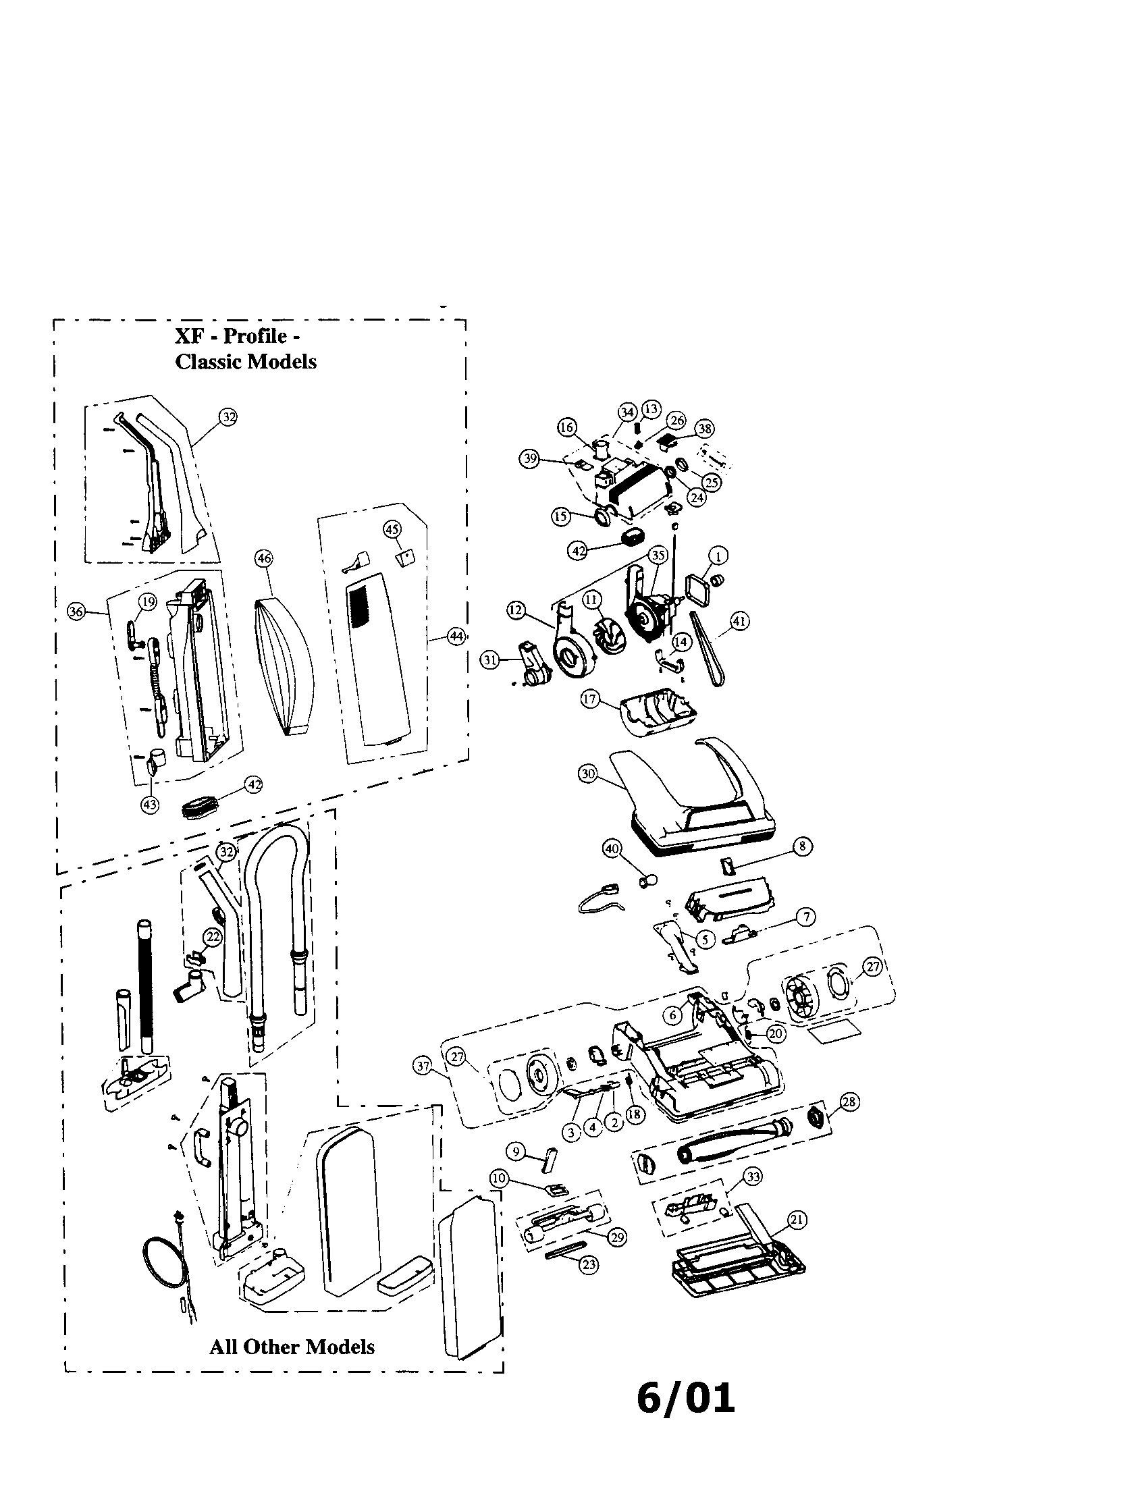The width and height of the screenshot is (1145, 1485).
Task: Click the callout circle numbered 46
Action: coord(263,559)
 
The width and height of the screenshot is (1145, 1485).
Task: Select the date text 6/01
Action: coord(685,1399)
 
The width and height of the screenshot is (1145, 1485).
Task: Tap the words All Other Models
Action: coord(292,1347)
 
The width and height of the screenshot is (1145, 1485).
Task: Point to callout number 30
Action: coord(588,774)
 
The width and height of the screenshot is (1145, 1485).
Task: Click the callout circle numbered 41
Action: coord(739,621)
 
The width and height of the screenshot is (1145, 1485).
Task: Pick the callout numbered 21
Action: coord(797,1220)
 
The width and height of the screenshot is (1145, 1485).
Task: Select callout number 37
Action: coord(423,1066)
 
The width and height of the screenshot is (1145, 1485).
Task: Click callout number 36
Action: coord(76,612)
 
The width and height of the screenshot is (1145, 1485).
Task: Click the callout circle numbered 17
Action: coord(589,699)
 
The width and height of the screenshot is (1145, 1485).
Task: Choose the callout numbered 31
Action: coord(490,659)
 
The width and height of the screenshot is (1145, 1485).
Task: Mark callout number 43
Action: coord(150,805)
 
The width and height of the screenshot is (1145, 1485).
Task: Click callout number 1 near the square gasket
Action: coord(719,556)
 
